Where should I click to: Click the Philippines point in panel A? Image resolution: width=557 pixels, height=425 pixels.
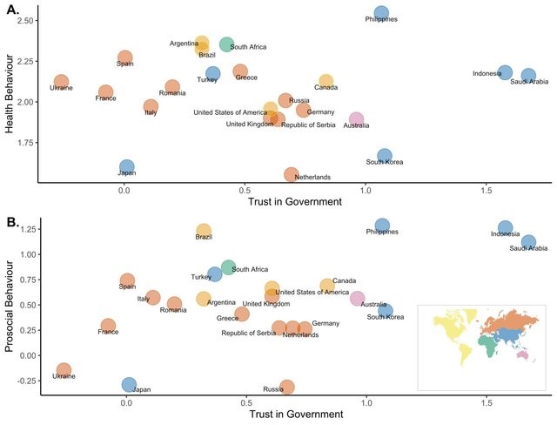(x=381, y=14)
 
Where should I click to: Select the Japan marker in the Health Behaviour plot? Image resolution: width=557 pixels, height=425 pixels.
(x=127, y=166)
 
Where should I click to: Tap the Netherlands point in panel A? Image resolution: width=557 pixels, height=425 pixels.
(x=292, y=174)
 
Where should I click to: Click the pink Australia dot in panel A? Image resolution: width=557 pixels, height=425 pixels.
(x=356, y=119)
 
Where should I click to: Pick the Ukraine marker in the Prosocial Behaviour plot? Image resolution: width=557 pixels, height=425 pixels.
(x=64, y=369)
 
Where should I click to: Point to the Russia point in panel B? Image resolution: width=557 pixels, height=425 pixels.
(x=287, y=387)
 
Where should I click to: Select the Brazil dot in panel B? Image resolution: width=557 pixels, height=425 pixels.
(x=203, y=231)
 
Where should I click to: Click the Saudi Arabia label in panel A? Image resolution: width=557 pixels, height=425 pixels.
(x=529, y=83)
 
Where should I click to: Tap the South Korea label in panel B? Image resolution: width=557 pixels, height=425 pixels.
(x=385, y=317)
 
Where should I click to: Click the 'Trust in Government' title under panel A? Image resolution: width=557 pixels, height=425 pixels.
(x=294, y=202)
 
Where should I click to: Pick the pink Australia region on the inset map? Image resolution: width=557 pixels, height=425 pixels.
(x=526, y=354)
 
